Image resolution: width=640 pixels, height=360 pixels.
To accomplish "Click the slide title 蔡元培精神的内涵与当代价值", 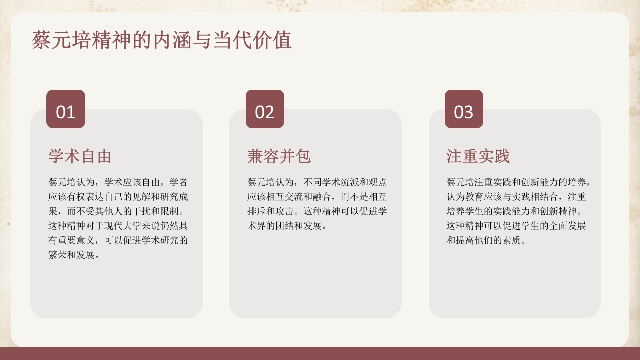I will click(x=162, y=41).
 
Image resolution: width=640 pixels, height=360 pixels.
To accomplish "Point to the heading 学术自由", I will click(x=80, y=156).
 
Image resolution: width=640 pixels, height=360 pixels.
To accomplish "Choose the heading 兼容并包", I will click(x=279, y=156).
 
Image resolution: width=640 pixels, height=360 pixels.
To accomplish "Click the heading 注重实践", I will click(x=478, y=156).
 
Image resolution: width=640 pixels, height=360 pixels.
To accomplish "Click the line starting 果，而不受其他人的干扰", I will click(x=118, y=211).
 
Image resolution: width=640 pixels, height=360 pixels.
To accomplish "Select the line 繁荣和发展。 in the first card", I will click(x=74, y=255).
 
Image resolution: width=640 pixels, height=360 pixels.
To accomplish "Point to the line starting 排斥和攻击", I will click(x=317, y=211).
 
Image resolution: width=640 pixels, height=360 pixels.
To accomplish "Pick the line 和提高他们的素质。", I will click(x=486, y=240).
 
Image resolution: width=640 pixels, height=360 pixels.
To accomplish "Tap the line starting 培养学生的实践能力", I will click(x=514, y=211).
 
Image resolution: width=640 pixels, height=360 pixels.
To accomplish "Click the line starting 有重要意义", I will click(x=118, y=240).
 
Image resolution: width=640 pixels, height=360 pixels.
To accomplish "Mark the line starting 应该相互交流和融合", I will click(x=317, y=197).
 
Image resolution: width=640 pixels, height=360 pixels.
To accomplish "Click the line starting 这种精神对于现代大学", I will click(x=118, y=226).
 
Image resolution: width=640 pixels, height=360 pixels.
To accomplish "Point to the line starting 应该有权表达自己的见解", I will click(x=118, y=197).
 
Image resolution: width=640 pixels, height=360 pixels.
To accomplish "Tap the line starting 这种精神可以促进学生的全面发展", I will click(x=516, y=226).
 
